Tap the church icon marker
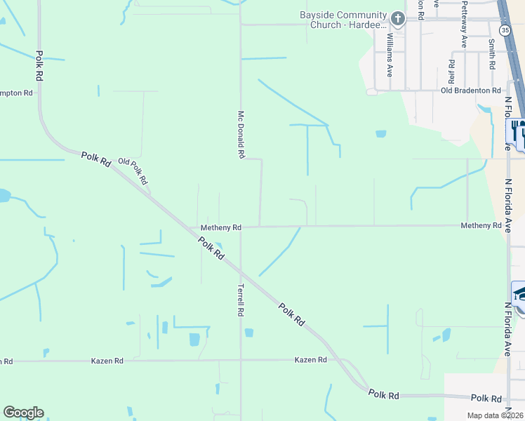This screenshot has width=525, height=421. pos(398,19)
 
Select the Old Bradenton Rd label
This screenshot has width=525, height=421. pos(470,91)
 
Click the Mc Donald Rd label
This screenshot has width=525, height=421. pos(241,134)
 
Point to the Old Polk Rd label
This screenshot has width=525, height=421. pos(133,171)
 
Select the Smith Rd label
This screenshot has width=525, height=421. pos(492,54)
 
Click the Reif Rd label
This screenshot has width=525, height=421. pos(451,69)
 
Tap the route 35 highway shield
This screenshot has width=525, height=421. pos(505,30)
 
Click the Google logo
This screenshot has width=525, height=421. pos(23,413)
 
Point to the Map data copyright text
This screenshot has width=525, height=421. pos(496,415)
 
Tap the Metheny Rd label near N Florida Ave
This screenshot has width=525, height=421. pos(481,225)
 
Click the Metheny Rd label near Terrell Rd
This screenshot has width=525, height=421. pos(220,227)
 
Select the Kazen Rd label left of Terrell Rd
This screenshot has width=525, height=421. pos(107,361)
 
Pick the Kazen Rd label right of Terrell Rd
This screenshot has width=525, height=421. pos(311,359)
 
